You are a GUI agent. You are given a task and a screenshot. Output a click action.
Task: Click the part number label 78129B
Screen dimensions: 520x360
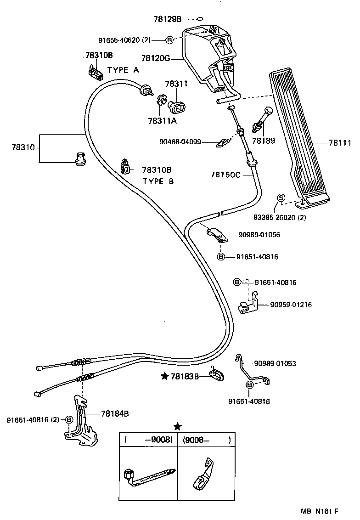coord(168,19)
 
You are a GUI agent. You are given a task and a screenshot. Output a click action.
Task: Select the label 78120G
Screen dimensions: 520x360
coord(156,58)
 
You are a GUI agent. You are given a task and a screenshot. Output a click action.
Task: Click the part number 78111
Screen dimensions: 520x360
coord(339,143)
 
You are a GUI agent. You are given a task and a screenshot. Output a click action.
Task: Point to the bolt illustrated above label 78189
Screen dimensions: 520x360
coord(263,119)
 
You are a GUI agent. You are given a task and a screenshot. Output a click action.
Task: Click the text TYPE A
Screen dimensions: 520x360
coord(123,70)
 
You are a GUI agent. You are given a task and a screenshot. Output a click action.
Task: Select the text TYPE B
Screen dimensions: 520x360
coord(158,181)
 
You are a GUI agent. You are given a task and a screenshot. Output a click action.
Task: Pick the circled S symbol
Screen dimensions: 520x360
coord(281,198)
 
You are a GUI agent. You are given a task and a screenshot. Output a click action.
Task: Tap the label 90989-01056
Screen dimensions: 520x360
coord(259,235)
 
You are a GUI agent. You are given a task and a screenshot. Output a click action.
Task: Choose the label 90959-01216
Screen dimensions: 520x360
coord(291,305)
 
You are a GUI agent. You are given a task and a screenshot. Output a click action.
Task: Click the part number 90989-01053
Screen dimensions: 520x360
coord(275,363)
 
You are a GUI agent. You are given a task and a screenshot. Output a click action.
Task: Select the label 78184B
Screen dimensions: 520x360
coord(114,413)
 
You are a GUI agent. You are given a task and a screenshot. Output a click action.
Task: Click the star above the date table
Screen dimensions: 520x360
coord(177,426)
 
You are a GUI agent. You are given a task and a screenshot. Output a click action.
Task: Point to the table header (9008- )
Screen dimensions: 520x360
coord(206,440)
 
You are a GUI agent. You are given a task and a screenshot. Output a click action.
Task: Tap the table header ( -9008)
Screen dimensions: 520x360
coord(148,440)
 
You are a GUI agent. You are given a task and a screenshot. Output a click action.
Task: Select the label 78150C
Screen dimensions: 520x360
coord(225,175)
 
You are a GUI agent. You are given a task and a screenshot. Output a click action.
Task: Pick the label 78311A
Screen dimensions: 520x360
coord(163,121)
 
